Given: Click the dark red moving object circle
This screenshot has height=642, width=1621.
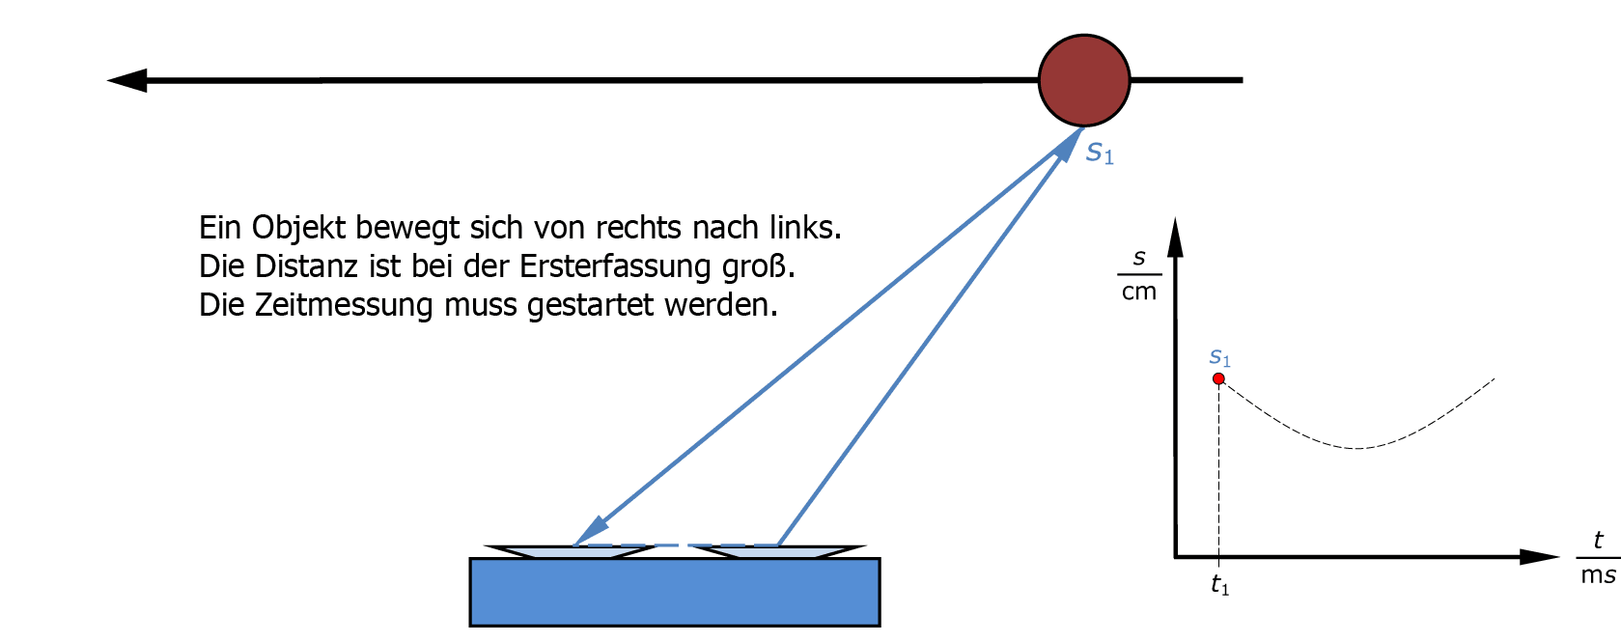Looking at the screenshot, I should (x=1083, y=80).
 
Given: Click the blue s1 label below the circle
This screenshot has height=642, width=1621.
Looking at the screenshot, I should (x=1100, y=153).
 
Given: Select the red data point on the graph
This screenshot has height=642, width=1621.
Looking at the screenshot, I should (x=1218, y=379).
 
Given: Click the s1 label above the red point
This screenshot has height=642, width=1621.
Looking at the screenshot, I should (x=1219, y=357).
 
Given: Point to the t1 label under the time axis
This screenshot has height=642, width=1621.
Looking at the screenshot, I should (x=1219, y=585).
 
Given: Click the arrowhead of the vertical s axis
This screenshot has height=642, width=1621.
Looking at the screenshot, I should (x=1175, y=237).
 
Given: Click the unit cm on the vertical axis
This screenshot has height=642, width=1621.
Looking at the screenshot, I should (x=1139, y=293).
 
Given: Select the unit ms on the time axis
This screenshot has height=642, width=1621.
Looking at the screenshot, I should (x=1597, y=575).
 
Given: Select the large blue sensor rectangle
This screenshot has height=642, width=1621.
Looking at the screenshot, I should (x=674, y=592).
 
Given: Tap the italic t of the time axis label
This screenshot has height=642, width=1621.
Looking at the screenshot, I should (x=1598, y=541).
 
